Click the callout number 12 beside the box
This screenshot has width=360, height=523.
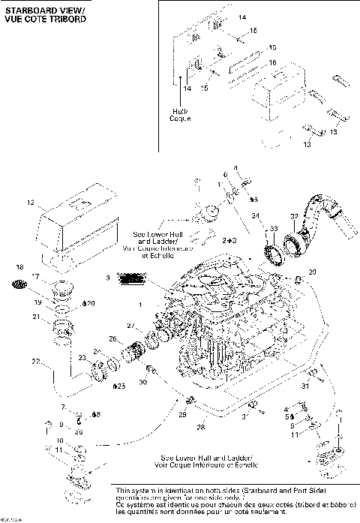pyautogui.click(x=31, y=203)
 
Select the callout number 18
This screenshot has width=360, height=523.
pyautogui.click(x=20, y=268)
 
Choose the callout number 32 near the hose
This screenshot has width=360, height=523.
pyautogui.click(x=294, y=216)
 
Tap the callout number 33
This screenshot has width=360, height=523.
pyautogui.click(x=274, y=228)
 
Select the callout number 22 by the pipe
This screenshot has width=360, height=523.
pyautogui.click(x=34, y=362)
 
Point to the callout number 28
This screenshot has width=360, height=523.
pyautogui.click(x=200, y=427)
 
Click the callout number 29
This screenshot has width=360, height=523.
pyautogui.click(x=181, y=413)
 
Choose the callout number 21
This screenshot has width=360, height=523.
pyautogui.click(x=34, y=317)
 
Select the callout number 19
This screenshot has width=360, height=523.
pyautogui.click(x=35, y=302)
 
